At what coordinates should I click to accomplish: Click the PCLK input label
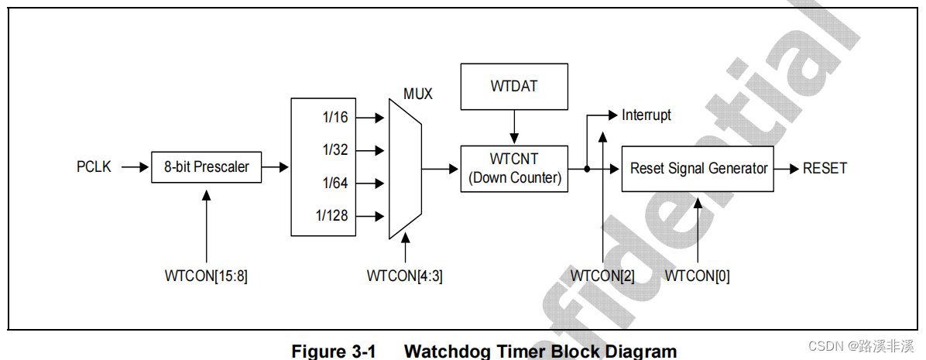coord(94,167)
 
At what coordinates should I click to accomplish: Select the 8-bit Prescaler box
coord(206,167)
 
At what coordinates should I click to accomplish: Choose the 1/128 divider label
coord(331,216)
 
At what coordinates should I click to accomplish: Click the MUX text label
coord(418,94)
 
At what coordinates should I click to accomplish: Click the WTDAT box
coord(513,86)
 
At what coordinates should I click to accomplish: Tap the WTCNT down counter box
coord(513,168)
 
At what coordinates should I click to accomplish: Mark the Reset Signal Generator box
coord(698,168)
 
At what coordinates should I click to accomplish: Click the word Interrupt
coord(646,115)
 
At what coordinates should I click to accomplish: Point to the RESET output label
coord(825,168)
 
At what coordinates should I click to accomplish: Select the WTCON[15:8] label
coord(206,276)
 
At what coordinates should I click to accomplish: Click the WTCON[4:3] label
coord(405,276)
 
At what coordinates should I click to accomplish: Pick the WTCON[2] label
coord(602,276)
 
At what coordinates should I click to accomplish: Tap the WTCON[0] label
coord(698,276)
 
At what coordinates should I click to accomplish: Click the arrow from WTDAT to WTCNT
coord(513,126)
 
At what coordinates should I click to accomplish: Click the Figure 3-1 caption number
coord(333,351)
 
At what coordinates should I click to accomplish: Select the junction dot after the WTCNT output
coord(587,169)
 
